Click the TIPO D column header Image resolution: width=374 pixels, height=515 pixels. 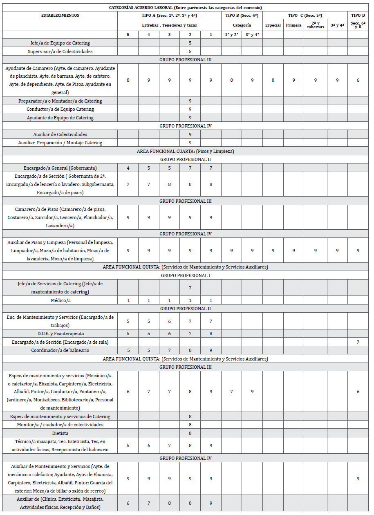pos(358,15)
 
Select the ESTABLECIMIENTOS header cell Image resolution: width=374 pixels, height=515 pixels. pos(60,15)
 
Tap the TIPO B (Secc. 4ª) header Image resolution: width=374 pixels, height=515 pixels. pos(242,15)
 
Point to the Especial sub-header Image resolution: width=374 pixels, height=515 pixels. pos(273,25)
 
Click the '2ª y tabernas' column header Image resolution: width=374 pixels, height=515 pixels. pos(315,25)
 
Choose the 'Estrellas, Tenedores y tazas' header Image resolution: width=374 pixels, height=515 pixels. pos(169,25)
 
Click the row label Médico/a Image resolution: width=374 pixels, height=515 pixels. pos(60,300)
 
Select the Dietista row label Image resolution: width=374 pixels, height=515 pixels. pos(60,433)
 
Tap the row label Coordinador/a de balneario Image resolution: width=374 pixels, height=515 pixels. pos(60,350)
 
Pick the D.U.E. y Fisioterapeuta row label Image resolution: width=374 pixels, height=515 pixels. pos(60,334)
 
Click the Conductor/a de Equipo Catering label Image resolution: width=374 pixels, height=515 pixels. pos(60,109)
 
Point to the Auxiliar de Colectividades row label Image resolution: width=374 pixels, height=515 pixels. pos(60,134)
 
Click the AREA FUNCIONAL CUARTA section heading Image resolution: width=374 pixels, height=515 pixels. pos(185,151)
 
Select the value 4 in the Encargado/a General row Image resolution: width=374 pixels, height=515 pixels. pos(128,168)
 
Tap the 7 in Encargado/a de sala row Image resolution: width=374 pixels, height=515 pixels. pos(358,342)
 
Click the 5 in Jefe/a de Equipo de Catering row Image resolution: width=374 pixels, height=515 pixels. pos(190,43)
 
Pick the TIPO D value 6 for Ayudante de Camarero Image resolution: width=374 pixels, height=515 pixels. pos(358,80)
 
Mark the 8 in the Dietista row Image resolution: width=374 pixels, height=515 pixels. pos(190,433)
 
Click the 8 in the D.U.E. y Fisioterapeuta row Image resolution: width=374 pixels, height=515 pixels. pos(211,334)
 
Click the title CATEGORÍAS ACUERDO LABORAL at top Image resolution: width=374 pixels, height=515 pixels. pos(185,7)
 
